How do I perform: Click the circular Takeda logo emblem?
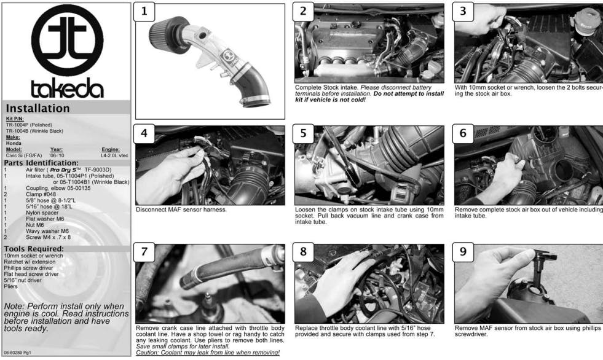point(67,41)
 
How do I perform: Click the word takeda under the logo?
point(67,88)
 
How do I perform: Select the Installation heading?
point(37,108)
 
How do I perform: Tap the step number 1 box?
point(144,12)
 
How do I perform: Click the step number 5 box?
point(304,133)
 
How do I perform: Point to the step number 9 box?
point(463,252)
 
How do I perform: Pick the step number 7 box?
point(144,252)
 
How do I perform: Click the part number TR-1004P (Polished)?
point(29,125)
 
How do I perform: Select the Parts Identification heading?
point(41,163)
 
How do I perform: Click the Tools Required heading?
point(34,249)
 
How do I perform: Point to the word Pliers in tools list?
point(11,286)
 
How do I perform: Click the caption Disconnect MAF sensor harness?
point(181,209)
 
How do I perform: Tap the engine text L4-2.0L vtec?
point(114,155)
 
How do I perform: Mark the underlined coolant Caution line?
point(208,352)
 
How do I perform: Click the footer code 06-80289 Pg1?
point(17,352)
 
